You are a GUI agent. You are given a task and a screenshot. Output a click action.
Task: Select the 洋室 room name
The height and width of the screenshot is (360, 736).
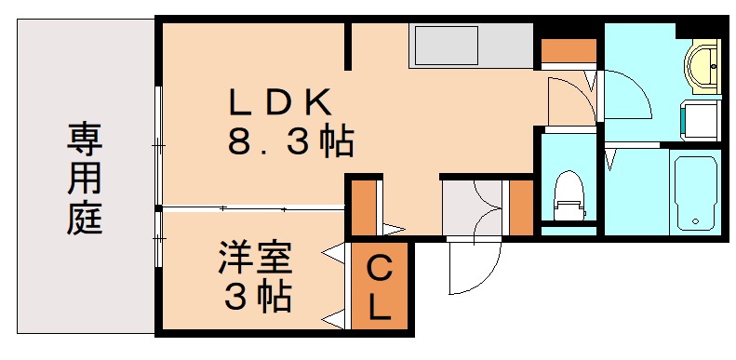[257, 257]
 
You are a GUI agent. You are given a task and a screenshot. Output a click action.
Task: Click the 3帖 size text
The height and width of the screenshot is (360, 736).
[257, 298]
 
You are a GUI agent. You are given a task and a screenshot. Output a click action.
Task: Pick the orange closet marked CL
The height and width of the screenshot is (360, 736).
[379, 287]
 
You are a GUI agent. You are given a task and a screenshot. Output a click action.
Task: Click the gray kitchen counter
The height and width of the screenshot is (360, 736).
[471, 46]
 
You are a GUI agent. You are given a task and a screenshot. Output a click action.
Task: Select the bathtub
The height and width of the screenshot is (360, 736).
[692, 192]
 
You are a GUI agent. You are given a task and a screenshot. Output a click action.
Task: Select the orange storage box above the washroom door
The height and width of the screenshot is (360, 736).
[568, 50]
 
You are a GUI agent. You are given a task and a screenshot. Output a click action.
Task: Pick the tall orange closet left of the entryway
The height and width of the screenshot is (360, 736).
[365, 207]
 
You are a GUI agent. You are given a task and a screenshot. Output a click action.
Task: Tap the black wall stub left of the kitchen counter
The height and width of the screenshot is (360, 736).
[350, 47]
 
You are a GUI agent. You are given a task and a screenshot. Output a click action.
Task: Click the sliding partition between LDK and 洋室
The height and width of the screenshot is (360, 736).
[251, 207]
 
